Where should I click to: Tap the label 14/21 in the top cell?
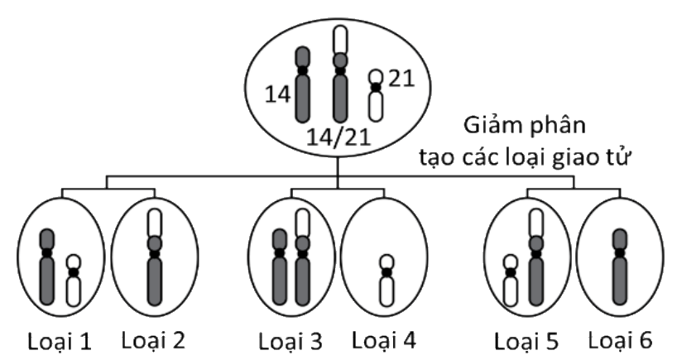point(338,134)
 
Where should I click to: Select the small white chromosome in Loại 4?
point(386,281)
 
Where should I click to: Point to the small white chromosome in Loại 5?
point(511,281)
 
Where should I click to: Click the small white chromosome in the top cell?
point(376,95)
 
